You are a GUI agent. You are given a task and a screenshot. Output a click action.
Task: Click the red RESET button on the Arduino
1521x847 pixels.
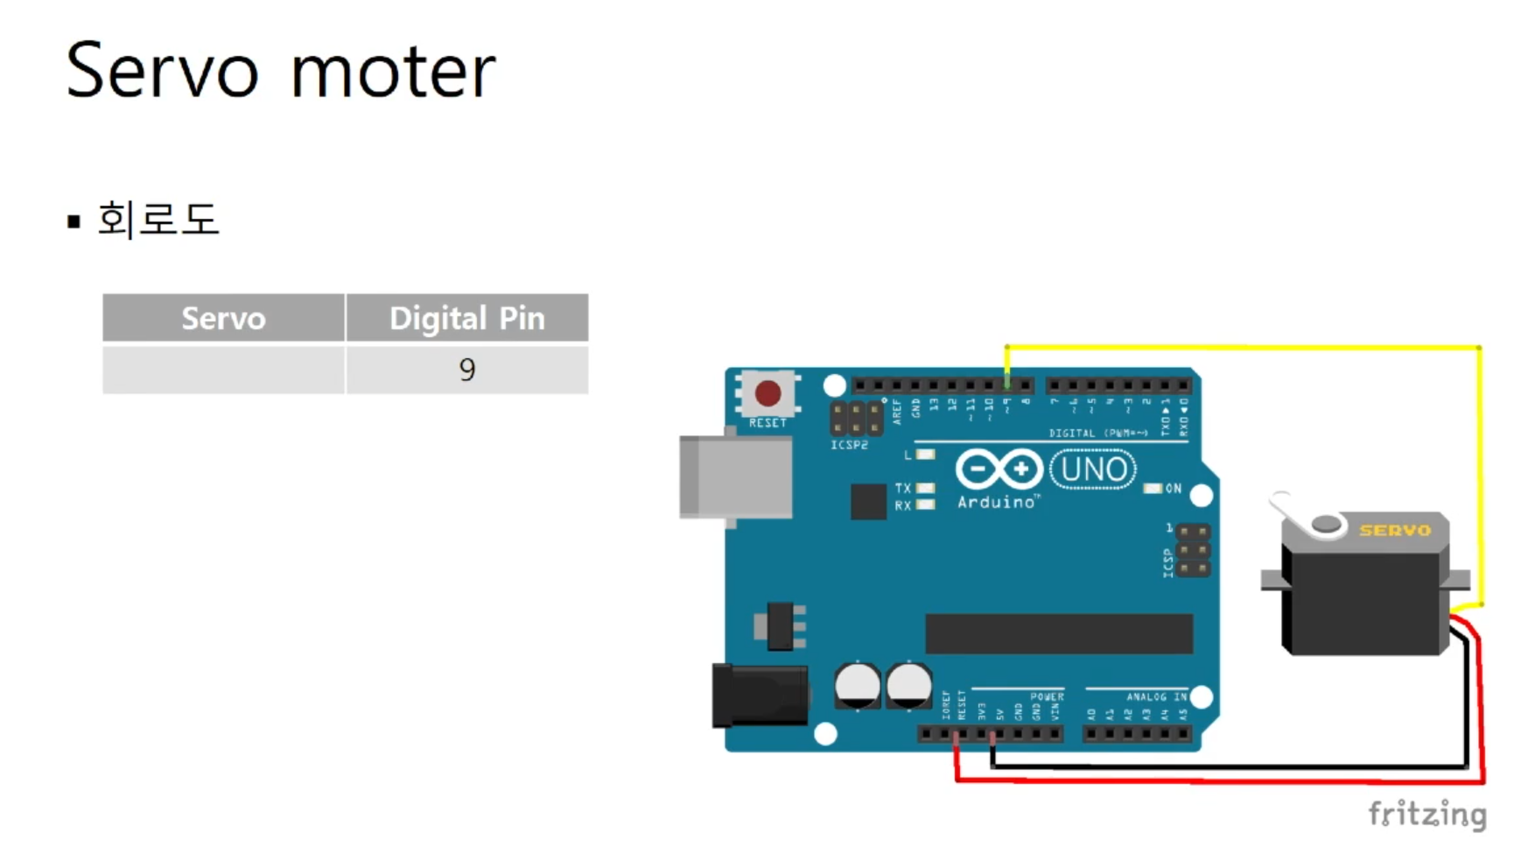pos(768,393)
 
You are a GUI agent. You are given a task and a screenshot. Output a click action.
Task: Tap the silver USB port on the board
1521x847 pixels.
pos(736,478)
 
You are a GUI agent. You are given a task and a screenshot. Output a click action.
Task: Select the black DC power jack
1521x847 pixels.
pos(760,695)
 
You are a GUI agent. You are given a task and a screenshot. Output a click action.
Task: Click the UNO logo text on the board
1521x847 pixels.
pos(1092,470)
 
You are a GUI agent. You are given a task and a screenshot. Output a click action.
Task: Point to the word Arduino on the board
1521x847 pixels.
pos(996,503)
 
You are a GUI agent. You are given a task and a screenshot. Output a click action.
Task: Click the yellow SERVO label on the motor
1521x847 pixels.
pos(1395,530)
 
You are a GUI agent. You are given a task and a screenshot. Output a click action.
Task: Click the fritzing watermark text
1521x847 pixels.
pos(1427,814)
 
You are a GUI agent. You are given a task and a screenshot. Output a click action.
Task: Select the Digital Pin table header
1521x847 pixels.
pos(467,318)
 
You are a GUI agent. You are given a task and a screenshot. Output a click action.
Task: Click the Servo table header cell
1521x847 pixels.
pos(223,318)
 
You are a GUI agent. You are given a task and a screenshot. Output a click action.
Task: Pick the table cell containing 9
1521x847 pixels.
pos(467,370)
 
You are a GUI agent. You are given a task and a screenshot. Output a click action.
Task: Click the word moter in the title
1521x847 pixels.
pos(393,71)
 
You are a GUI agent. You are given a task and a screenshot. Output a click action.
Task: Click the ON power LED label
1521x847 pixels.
pos(1174,489)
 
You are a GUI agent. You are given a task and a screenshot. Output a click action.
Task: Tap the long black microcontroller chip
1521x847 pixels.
pos(1059,633)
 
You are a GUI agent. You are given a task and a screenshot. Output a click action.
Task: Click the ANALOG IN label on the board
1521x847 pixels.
pos(1156,697)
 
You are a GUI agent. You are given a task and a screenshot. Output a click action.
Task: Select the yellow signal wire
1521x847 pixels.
pos(1243,348)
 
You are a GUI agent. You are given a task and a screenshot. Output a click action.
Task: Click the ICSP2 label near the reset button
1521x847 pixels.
pos(849,445)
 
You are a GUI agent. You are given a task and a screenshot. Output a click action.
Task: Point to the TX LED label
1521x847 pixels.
pos(902,488)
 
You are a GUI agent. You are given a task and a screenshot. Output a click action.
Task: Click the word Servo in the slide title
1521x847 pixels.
pos(162,71)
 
